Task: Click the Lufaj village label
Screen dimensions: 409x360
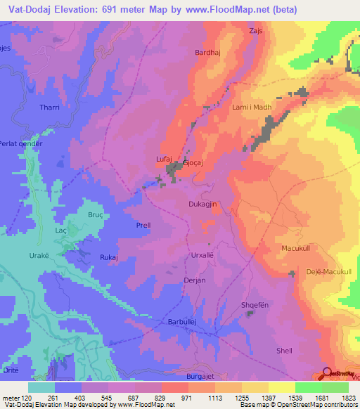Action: (163, 160)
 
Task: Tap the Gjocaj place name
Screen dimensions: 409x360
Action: (193, 162)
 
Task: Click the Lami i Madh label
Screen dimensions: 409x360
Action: (251, 107)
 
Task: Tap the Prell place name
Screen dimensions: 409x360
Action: (143, 226)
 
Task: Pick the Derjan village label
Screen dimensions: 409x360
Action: (194, 280)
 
